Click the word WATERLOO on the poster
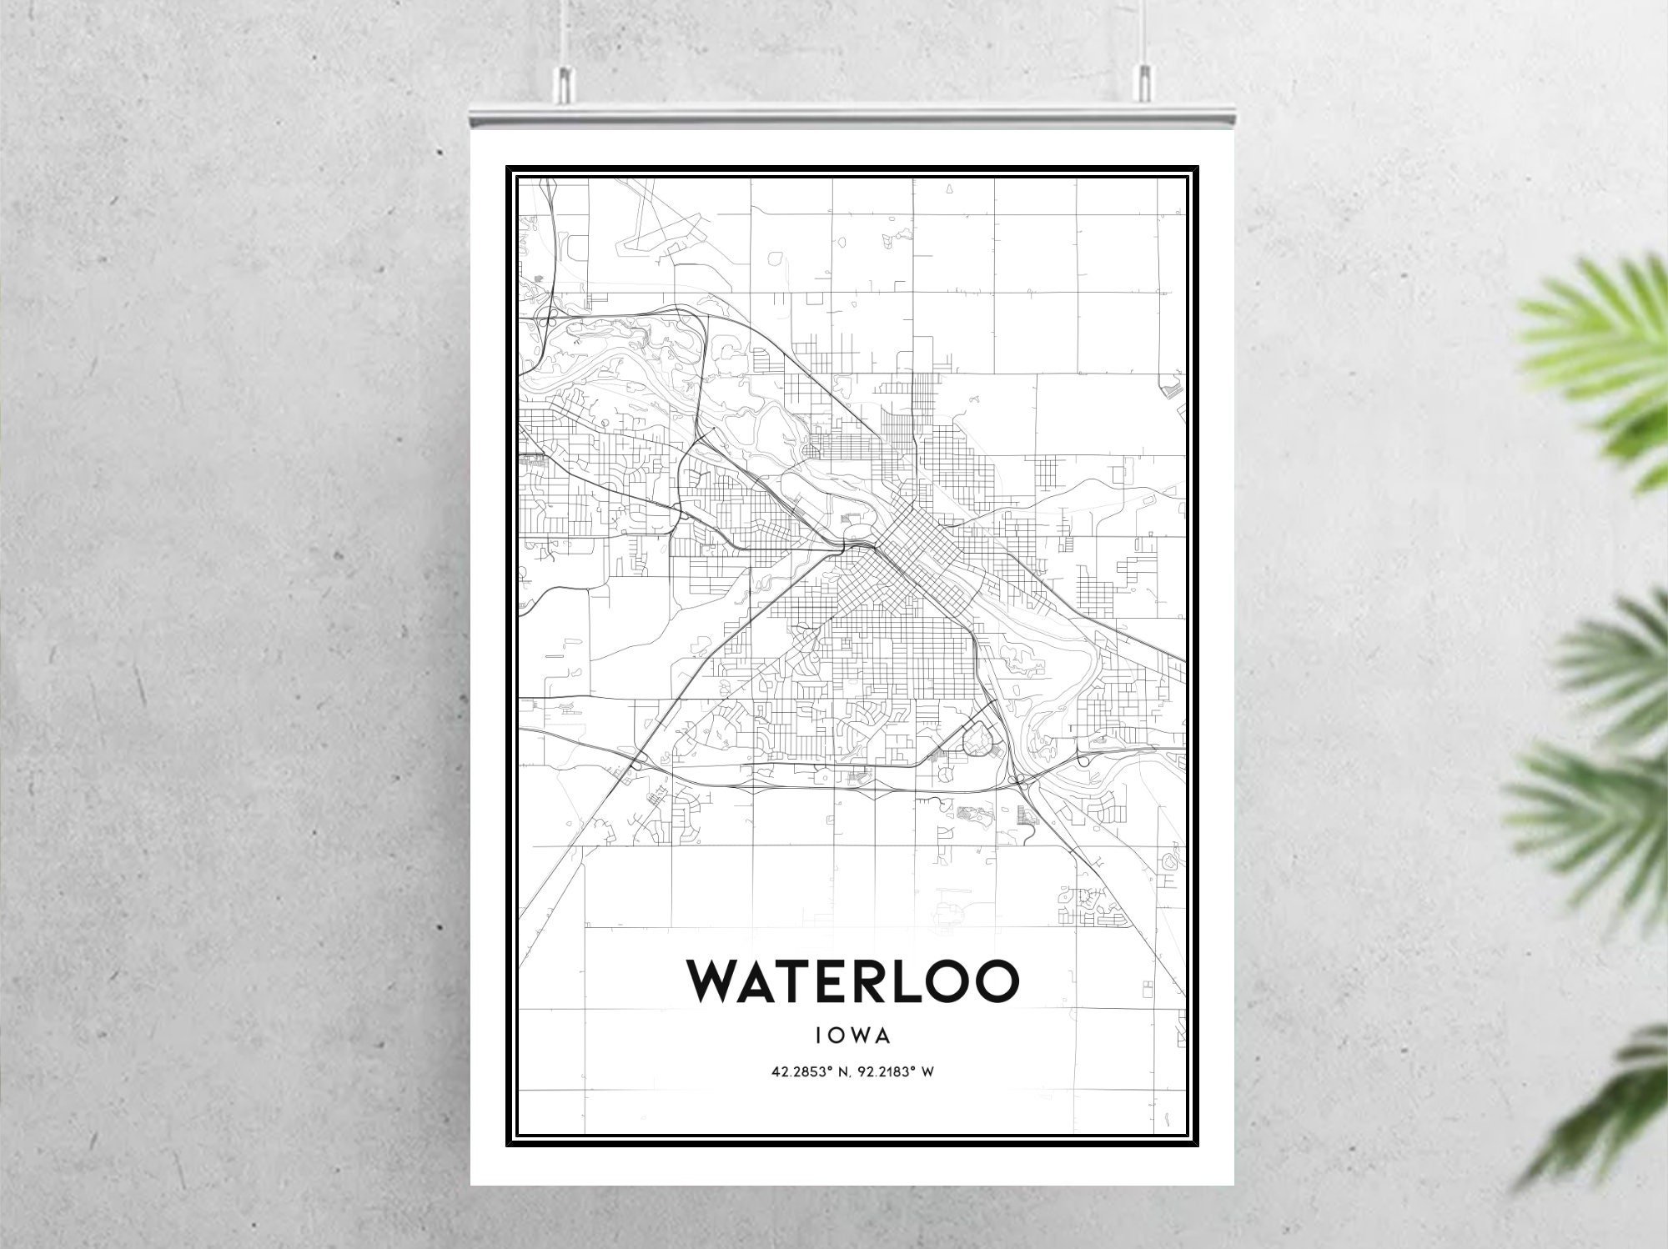(x=852, y=981)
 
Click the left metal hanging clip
(x=565, y=81)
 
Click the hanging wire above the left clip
(x=565, y=29)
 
